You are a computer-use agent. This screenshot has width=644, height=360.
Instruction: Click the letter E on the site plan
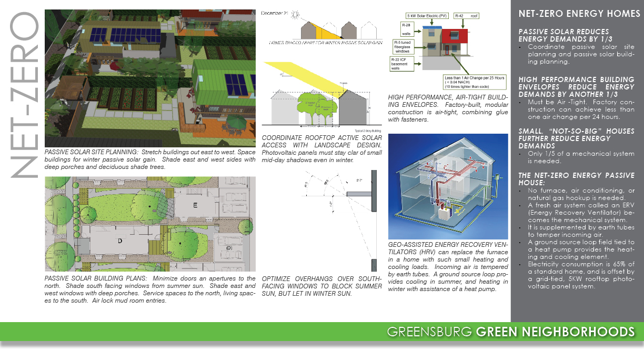[x=195, y=206]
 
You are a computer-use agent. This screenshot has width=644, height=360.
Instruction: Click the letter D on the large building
[x=120, y=241]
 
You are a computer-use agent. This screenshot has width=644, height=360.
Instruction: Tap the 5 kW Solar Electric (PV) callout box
[x=427, y=16]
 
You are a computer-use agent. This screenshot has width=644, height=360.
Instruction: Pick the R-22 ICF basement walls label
[x=402, y=64]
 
